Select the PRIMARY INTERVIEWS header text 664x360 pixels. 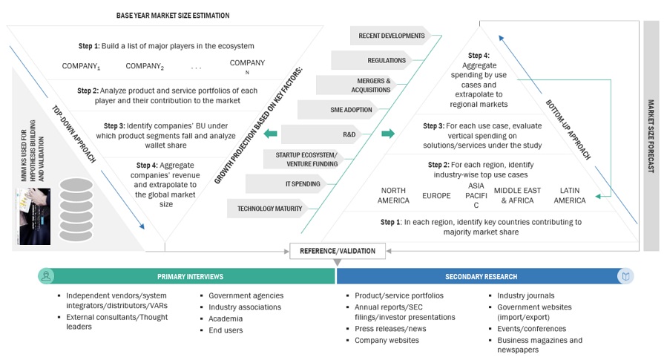tap(190, 277)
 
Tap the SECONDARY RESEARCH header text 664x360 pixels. tap(481, 277)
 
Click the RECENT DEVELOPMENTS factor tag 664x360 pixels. tap(391, 36)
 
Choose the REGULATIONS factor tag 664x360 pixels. tap(386, 60)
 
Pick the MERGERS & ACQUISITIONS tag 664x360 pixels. tap(375, 85)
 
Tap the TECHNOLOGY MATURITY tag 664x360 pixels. tap(270, 209)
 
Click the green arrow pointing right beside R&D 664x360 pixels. tap(387, 134)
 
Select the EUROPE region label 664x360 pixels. tap(436, 195)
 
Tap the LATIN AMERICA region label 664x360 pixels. tap(569, 195)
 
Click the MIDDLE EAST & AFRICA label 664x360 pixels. tap(517, 195)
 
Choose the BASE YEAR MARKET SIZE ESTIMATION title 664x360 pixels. tap(173, 15)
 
